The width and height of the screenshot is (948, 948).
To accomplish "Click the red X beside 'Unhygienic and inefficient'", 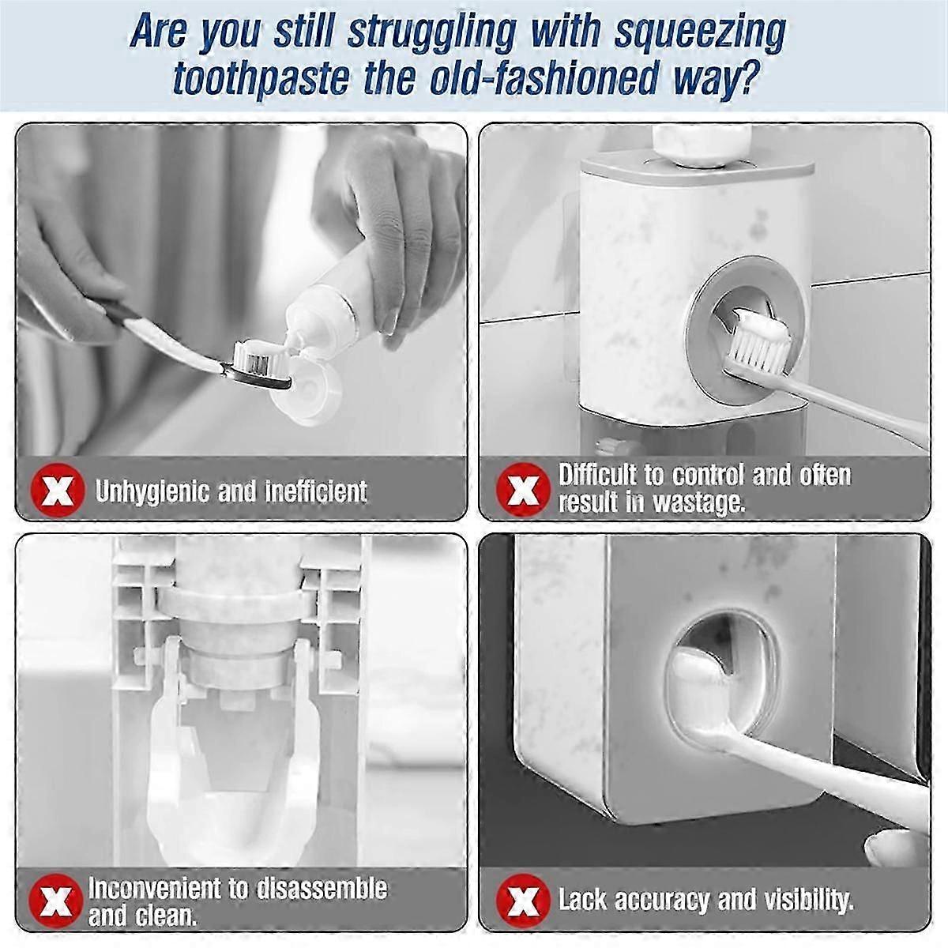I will point(57,491).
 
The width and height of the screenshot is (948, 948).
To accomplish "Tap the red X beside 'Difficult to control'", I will point(522,490).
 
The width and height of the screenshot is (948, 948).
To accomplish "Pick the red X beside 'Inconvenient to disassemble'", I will point(55,901).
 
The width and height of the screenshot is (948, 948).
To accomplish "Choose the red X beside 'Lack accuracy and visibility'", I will point(522,901).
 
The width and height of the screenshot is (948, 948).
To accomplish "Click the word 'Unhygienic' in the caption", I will point(152,492).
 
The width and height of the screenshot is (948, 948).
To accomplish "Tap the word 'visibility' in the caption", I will point(809,900).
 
